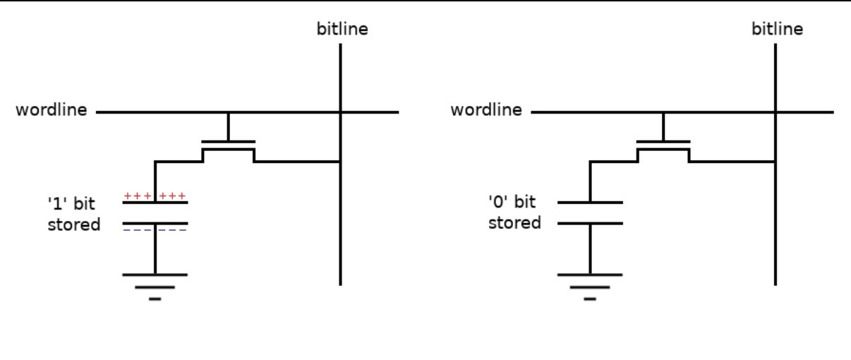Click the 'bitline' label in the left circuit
coord(342,29)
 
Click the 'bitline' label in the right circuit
coord(777,29)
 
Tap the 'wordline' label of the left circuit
coord(52,111)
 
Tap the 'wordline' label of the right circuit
coord(487,111)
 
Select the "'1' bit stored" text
coord(73,215)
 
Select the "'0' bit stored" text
coord(515,212)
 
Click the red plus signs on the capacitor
coord(155,196)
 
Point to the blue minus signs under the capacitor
coord(155,231)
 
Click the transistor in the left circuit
coord(228,146)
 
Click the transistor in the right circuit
coord(663,146)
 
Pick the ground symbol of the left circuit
coord(155,285)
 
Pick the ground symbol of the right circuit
coord(590,285)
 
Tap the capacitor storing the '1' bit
coord(155,213)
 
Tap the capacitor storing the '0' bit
coord(590,213)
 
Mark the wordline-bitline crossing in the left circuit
coord(341,112)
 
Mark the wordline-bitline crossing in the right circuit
coord(775,112)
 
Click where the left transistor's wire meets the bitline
coord(341,162)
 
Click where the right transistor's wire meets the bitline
coord(775,162)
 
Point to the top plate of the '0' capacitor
coord(590,203)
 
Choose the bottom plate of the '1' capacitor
coord(155,223)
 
